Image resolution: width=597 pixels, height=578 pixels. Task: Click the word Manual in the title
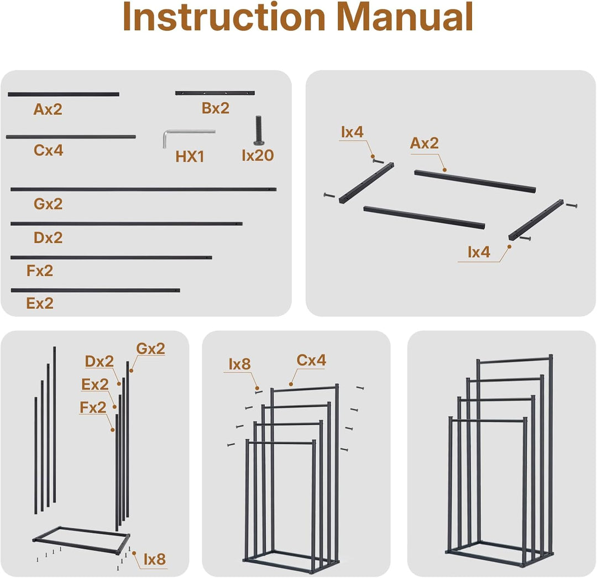[405, 17]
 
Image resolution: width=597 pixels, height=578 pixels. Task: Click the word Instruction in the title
[224, 17]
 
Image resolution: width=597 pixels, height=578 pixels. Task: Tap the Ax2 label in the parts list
[48, 110]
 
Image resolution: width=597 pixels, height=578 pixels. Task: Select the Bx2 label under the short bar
[216, 108]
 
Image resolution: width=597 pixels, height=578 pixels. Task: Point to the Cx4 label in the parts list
[48, 150]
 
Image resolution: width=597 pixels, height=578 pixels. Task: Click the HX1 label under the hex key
[190, 157]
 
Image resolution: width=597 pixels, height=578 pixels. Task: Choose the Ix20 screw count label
[258, 155]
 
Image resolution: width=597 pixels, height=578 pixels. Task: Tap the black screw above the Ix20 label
[259, 131]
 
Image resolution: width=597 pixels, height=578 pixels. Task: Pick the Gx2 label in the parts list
[48, 204]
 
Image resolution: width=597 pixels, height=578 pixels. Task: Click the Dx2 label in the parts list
[48, 238]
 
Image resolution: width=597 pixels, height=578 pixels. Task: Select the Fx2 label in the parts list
[40, 271]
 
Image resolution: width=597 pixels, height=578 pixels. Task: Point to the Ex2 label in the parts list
[40, 303]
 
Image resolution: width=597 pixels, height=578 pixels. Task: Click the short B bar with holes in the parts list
[214, 93]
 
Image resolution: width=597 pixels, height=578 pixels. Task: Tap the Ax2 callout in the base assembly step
[424, 143]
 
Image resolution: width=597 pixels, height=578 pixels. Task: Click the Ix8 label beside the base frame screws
[155, 559]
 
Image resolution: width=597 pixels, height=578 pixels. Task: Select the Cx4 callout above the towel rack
[311, 360]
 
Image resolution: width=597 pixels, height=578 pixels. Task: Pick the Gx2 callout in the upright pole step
[151, 348]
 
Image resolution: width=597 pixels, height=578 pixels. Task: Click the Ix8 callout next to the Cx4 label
[239, 364]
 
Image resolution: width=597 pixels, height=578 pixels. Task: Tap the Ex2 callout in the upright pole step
[95, 384]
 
